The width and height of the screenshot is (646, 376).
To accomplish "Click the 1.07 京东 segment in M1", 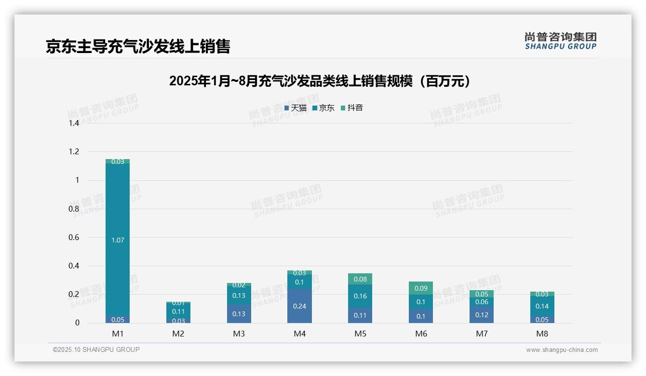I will click(x=118, y=240).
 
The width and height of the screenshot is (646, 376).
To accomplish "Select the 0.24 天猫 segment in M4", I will click(x=299, y=306).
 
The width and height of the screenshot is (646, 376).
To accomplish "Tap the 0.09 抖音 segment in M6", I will click(x=421, y=288).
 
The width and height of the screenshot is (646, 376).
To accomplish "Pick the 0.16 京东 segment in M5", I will click(x=360, y=296).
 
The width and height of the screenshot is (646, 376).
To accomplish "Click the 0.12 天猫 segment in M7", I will click(x=481, y=315).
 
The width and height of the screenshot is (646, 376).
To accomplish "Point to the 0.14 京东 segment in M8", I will click(x=542, y=306).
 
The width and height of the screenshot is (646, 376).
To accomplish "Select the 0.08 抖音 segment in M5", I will click(x=360, y=279).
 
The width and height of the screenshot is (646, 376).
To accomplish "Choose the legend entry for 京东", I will click(x=323, y=108).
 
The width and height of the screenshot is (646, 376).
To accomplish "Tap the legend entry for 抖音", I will click(x=352, y=108).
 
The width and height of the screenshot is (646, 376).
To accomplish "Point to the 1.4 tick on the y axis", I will click(x=74, y=123).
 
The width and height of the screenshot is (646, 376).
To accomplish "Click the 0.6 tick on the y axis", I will click(x=74, y=238).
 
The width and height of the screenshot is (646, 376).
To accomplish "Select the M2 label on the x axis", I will click(x=178, y=334).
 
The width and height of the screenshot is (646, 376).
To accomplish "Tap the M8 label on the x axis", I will click(x=542, y=334).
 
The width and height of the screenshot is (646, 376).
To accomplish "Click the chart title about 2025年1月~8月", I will click(x=320, y=81).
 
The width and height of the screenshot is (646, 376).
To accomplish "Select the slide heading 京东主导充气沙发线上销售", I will click(x=138, y=46).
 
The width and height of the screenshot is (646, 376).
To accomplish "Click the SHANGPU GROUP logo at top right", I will click(x=561, y=41).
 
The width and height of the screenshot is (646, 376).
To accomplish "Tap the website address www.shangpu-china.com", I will click(x=562, y=350).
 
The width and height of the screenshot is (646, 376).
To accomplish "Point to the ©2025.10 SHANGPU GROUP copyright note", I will click(x=96, y=350).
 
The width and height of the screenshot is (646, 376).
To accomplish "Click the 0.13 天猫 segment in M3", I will click(x=239, y=314).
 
